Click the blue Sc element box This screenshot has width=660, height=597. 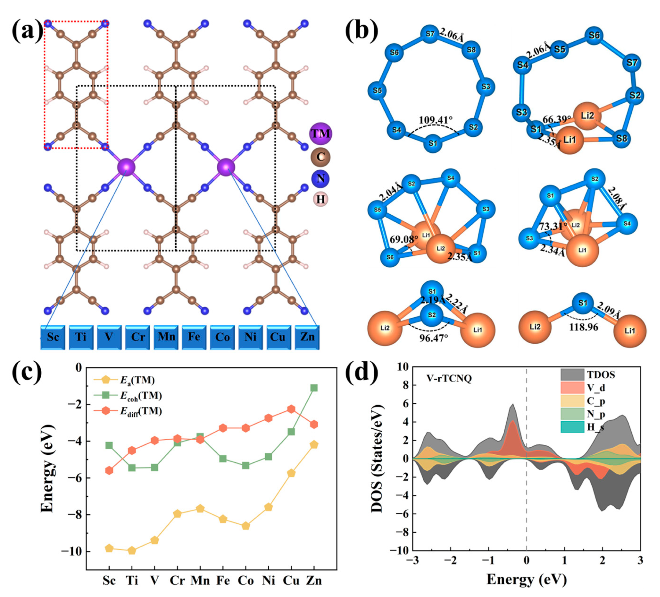tap(53, 337)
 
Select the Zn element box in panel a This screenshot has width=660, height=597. tap(307, 337)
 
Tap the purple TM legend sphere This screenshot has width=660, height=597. tap(320, 133)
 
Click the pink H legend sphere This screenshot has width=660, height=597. tap(320, 199)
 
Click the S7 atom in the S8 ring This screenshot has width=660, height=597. tap(430, 34)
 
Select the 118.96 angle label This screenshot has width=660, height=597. tap(583, 327)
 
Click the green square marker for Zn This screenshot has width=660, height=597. tap(314, 388)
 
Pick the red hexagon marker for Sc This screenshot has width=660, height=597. tap(109, 470)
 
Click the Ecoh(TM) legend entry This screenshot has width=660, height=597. tap(141, 396)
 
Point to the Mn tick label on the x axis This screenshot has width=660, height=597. tap(200, 580)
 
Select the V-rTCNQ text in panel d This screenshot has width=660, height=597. tap(449, 379)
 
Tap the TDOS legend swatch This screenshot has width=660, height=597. tap(572, 375)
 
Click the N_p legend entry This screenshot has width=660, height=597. tap(595, 414)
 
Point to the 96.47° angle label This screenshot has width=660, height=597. tap(434, 338)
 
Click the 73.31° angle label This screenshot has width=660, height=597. tap(553, 226)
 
